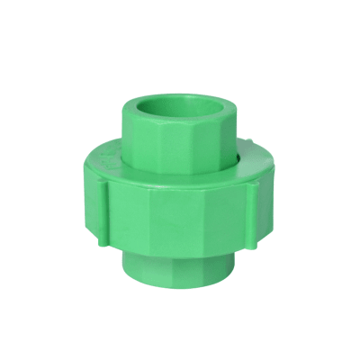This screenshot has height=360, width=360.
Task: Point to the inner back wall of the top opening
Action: [x=184, y=94]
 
